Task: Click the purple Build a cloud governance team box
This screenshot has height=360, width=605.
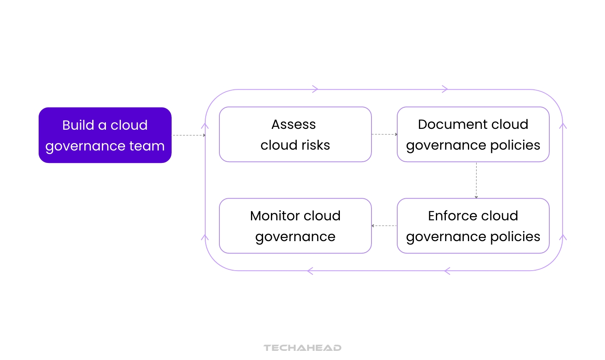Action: point(105,135)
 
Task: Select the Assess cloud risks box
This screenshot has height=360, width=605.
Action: point(295,134)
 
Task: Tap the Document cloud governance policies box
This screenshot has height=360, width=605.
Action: point(473,134)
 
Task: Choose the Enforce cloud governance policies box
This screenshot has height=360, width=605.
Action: point(473,226)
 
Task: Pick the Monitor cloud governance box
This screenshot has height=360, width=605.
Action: point(295,226)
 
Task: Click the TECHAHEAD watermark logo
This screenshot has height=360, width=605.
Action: point(302,348)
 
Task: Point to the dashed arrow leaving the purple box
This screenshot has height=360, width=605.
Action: point(189,135)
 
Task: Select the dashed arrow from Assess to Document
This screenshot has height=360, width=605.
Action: point(384,134)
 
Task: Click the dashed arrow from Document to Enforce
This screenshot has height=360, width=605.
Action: point(476,180)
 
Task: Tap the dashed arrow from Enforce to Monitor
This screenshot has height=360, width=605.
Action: point(384,226)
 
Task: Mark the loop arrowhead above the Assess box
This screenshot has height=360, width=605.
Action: point(315,89)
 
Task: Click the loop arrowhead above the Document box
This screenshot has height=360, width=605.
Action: point(445,89)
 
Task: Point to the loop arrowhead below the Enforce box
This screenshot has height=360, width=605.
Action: point(447,271)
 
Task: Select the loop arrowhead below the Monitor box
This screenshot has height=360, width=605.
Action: point(310,271)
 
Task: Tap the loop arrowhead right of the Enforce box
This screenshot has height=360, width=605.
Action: point(563,237)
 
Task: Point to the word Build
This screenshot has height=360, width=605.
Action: point(78,125)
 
